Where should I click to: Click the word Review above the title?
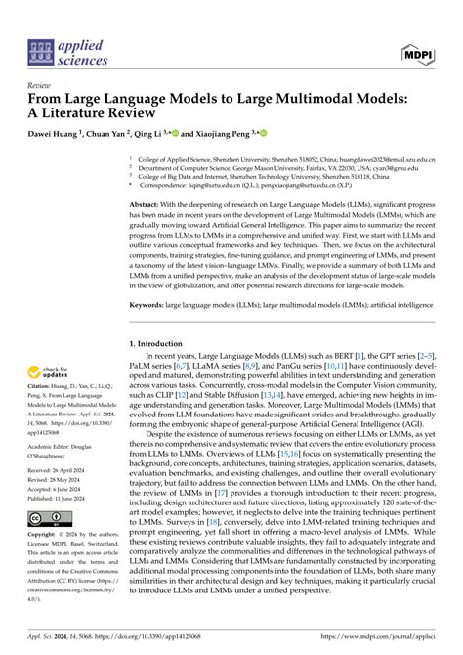(x=42, y=85)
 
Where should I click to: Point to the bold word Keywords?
(x=153, y=304)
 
